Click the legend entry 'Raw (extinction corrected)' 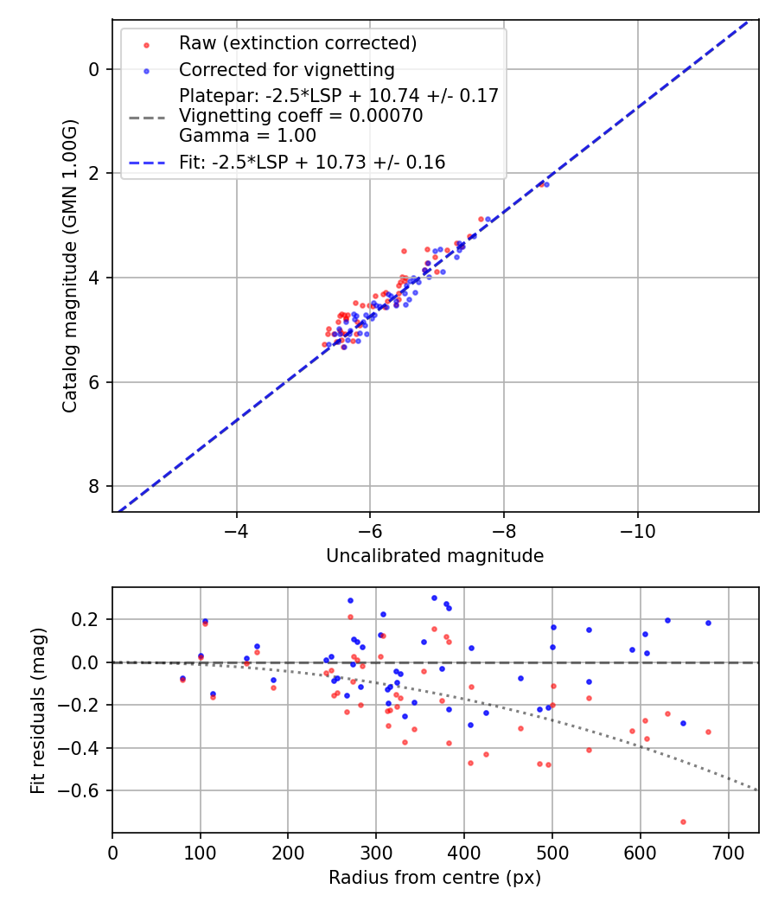point(297,43)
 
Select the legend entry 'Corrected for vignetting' point(286,70)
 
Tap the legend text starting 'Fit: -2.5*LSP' point(312,163)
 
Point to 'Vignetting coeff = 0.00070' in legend point(301,116)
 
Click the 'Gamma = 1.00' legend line point(247,136)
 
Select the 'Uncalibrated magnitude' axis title point(435,556)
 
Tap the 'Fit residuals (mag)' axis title point(37,710)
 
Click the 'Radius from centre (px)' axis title point(435,878)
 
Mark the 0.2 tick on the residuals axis point(86,619)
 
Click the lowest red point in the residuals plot point(683,822)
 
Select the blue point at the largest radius point(708,623)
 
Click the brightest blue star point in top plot point(546,184)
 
